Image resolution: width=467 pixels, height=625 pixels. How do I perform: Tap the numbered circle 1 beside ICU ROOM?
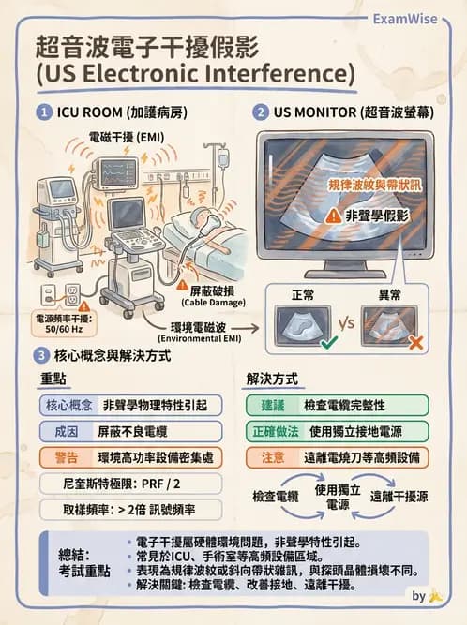[42, 112]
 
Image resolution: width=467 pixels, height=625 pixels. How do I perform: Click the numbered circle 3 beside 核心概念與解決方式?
[42, 355]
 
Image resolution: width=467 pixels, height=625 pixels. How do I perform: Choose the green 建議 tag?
[271, 405]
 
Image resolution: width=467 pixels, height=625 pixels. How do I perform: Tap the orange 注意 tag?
[271, 457]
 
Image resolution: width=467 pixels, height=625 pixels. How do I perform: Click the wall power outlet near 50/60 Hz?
[72, 293]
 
